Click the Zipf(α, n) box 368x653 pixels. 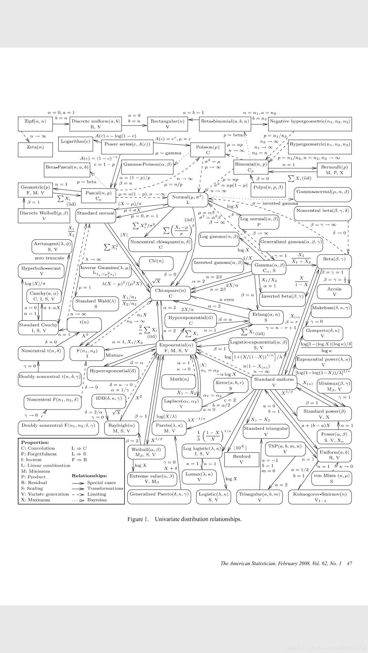click(x=35, y=124)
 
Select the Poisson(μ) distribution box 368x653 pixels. click(x=208, y=150)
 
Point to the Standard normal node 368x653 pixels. click(x=95, y=216)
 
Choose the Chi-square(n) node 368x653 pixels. click(x=170, y=293)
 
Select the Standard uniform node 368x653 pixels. click(x=274, y=382)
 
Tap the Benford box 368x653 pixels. click(x=242, y=459)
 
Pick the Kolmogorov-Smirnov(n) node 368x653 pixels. click(x=320, y=497)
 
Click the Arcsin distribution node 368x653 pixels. click(x=334, y=291)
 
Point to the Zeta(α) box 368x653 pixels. click(x=35, y=149)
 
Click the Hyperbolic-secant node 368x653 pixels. click(x=41, y=271)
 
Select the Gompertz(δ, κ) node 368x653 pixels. click(x=322, y=333)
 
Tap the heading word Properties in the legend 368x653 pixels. click(x=35, y=442)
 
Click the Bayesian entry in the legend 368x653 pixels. click(x=97, y=500)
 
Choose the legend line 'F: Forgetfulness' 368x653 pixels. click(x=39, y=454)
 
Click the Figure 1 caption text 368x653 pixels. click(x=184, y=519)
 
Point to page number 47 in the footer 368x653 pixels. click(x=349, y=564)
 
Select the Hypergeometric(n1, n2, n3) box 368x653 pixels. click(x=320, y=147)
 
